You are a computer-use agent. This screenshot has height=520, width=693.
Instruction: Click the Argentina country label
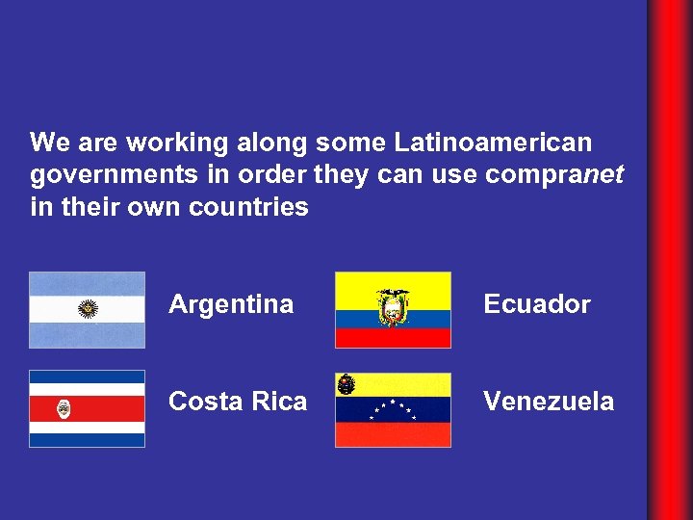[x=231, y=304]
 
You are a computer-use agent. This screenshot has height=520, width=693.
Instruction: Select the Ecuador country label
[x=536, y=304]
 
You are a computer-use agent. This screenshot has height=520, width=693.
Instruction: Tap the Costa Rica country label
[x=238, y=402]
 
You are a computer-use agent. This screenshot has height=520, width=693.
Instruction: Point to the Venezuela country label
[x=549, y=402]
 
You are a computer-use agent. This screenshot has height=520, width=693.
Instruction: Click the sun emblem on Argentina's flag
[x=88, y=309]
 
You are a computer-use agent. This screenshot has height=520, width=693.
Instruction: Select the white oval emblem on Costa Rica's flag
[x=64, y=408]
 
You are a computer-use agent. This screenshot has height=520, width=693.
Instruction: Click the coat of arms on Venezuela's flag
[x=346, y=384]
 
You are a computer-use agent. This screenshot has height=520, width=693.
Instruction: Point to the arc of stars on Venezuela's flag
[x=393, y=408]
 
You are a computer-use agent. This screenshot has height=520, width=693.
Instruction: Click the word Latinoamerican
[x=493, y=143]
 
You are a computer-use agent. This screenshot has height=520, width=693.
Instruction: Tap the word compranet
[x=555, y=175]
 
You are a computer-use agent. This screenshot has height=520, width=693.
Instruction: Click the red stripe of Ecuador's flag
[x=393, y=338]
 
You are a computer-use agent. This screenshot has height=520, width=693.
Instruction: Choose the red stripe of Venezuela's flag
[x=393, y=435]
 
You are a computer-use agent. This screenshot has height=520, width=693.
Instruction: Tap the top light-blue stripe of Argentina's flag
[x=87, y=283]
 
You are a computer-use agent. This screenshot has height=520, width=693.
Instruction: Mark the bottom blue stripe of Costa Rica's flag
[x=87, y=440]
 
